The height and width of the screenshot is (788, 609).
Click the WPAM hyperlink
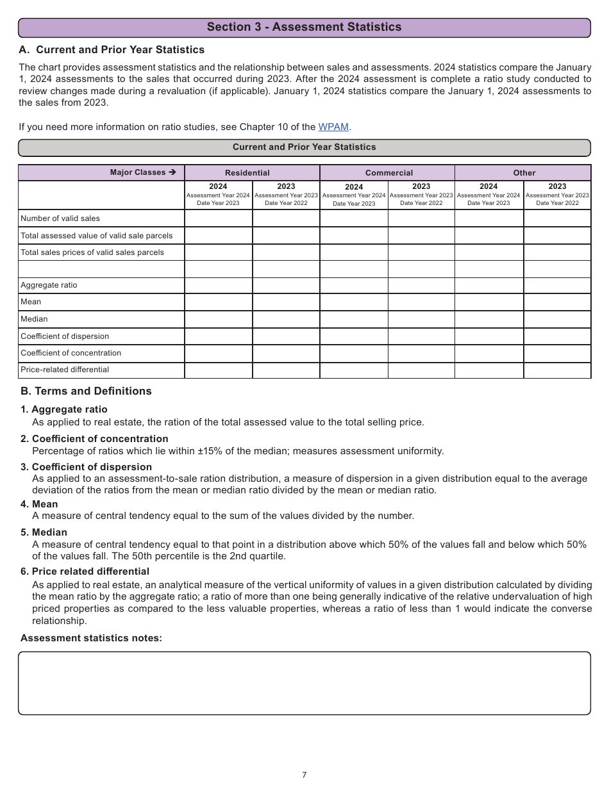pyautogui.click(x=333, y=127)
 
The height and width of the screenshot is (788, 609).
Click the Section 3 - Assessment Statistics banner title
pyautogui.click(x=304, y=27)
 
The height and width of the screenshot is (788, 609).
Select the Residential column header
pyautogui.click(x=247, y=173)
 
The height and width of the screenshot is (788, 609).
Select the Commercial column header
pyautogui.click(x=389, y=173)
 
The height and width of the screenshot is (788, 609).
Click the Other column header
pyautogui.click(x=524, y=173)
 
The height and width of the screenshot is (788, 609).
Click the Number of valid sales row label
pyautogui.click(x=60, y=218)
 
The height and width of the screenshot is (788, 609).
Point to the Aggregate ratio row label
pyautogui.click(x=49, y=285)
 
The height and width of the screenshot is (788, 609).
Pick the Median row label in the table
pyautogui.click(x=34, y=319)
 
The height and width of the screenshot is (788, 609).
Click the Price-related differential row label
pyautogui.click(x=65, y=370)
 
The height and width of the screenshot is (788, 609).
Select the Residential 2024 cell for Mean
pyautogui.click(x=219, y=302)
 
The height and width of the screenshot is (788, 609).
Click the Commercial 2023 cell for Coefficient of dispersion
pyautogui.click(x=421, y=336)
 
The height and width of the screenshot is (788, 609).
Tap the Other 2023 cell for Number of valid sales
pyautogui.click(x=557, y=218)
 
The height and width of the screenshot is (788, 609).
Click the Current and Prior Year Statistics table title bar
pyautogui.click(x=304, y=147)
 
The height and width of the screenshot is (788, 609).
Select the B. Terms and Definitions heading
pyautogui.click(x=86, y=391)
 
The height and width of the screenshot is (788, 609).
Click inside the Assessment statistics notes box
pyautogui.click(x=304, y=683)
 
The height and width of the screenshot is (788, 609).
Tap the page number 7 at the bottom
pyautogui.click(x=304, y=775)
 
